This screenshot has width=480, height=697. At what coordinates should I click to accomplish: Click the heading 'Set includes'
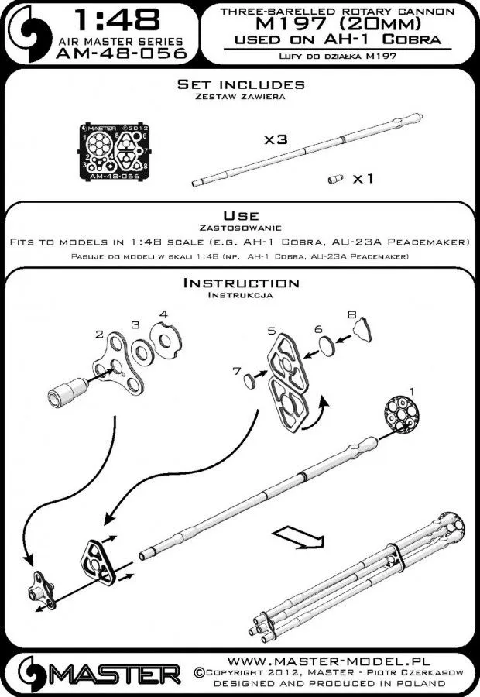point(240,84)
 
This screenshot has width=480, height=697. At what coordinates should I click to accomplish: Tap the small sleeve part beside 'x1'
point(336,180)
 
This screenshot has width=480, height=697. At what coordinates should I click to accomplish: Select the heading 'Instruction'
point(240,283)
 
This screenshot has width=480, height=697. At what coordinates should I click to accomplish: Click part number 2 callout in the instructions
point(99,334)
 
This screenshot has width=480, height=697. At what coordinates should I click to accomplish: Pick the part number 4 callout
point(163,314)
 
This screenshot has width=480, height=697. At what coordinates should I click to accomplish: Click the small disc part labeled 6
point(327,345)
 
